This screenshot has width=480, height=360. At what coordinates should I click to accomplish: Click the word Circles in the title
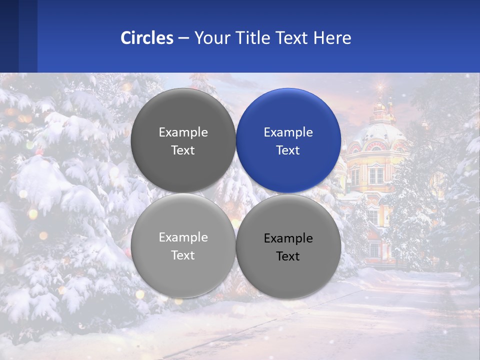pos(147,38)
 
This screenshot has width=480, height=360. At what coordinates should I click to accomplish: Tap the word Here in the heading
pos(332,38)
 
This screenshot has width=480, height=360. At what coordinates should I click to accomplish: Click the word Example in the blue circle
pos(288,132)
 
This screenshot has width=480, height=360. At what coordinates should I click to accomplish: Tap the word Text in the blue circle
pos(288,150)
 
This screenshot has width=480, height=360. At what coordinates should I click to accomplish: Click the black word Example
pos(288,238)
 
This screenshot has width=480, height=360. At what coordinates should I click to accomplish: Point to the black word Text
pos(288,256)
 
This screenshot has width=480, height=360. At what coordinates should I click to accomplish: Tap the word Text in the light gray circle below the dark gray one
pos(183,255)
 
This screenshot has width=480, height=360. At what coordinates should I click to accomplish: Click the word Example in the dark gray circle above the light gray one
pos(183,132)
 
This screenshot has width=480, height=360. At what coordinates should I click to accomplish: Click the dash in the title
pos(183,38)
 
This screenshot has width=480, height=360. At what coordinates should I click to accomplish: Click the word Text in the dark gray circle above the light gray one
pos(183,150)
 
